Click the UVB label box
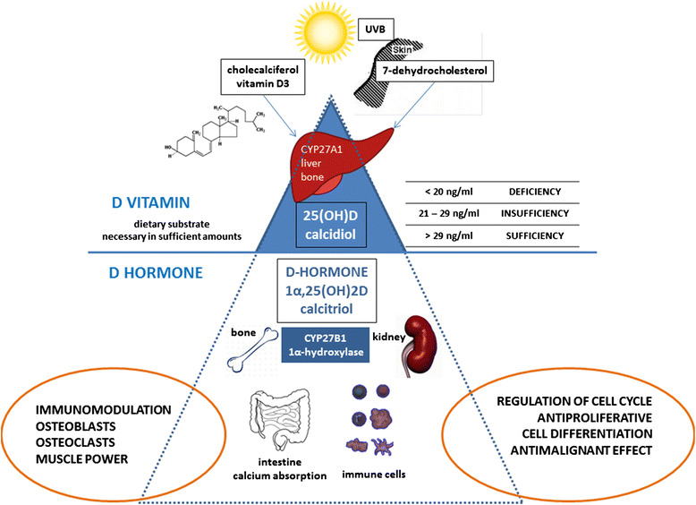click(376, 30)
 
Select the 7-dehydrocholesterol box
click(435, 71)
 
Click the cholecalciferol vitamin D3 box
click(263, 77)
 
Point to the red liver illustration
click(338, 164)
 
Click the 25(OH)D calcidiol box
click(331, 225)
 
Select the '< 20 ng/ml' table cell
click(449, 192)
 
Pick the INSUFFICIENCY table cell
click(535, 214)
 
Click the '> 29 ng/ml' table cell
click(449, 235)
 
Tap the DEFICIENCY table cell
click(535, 192)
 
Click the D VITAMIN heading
click(151, 202)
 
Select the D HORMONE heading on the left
click(156, 273)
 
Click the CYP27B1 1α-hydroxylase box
click(326, 345)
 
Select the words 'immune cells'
click(374, 475)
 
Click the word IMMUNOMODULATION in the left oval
click(104, 410)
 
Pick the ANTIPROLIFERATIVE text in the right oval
click(595, 418)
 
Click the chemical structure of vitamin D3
click(215, 133)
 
